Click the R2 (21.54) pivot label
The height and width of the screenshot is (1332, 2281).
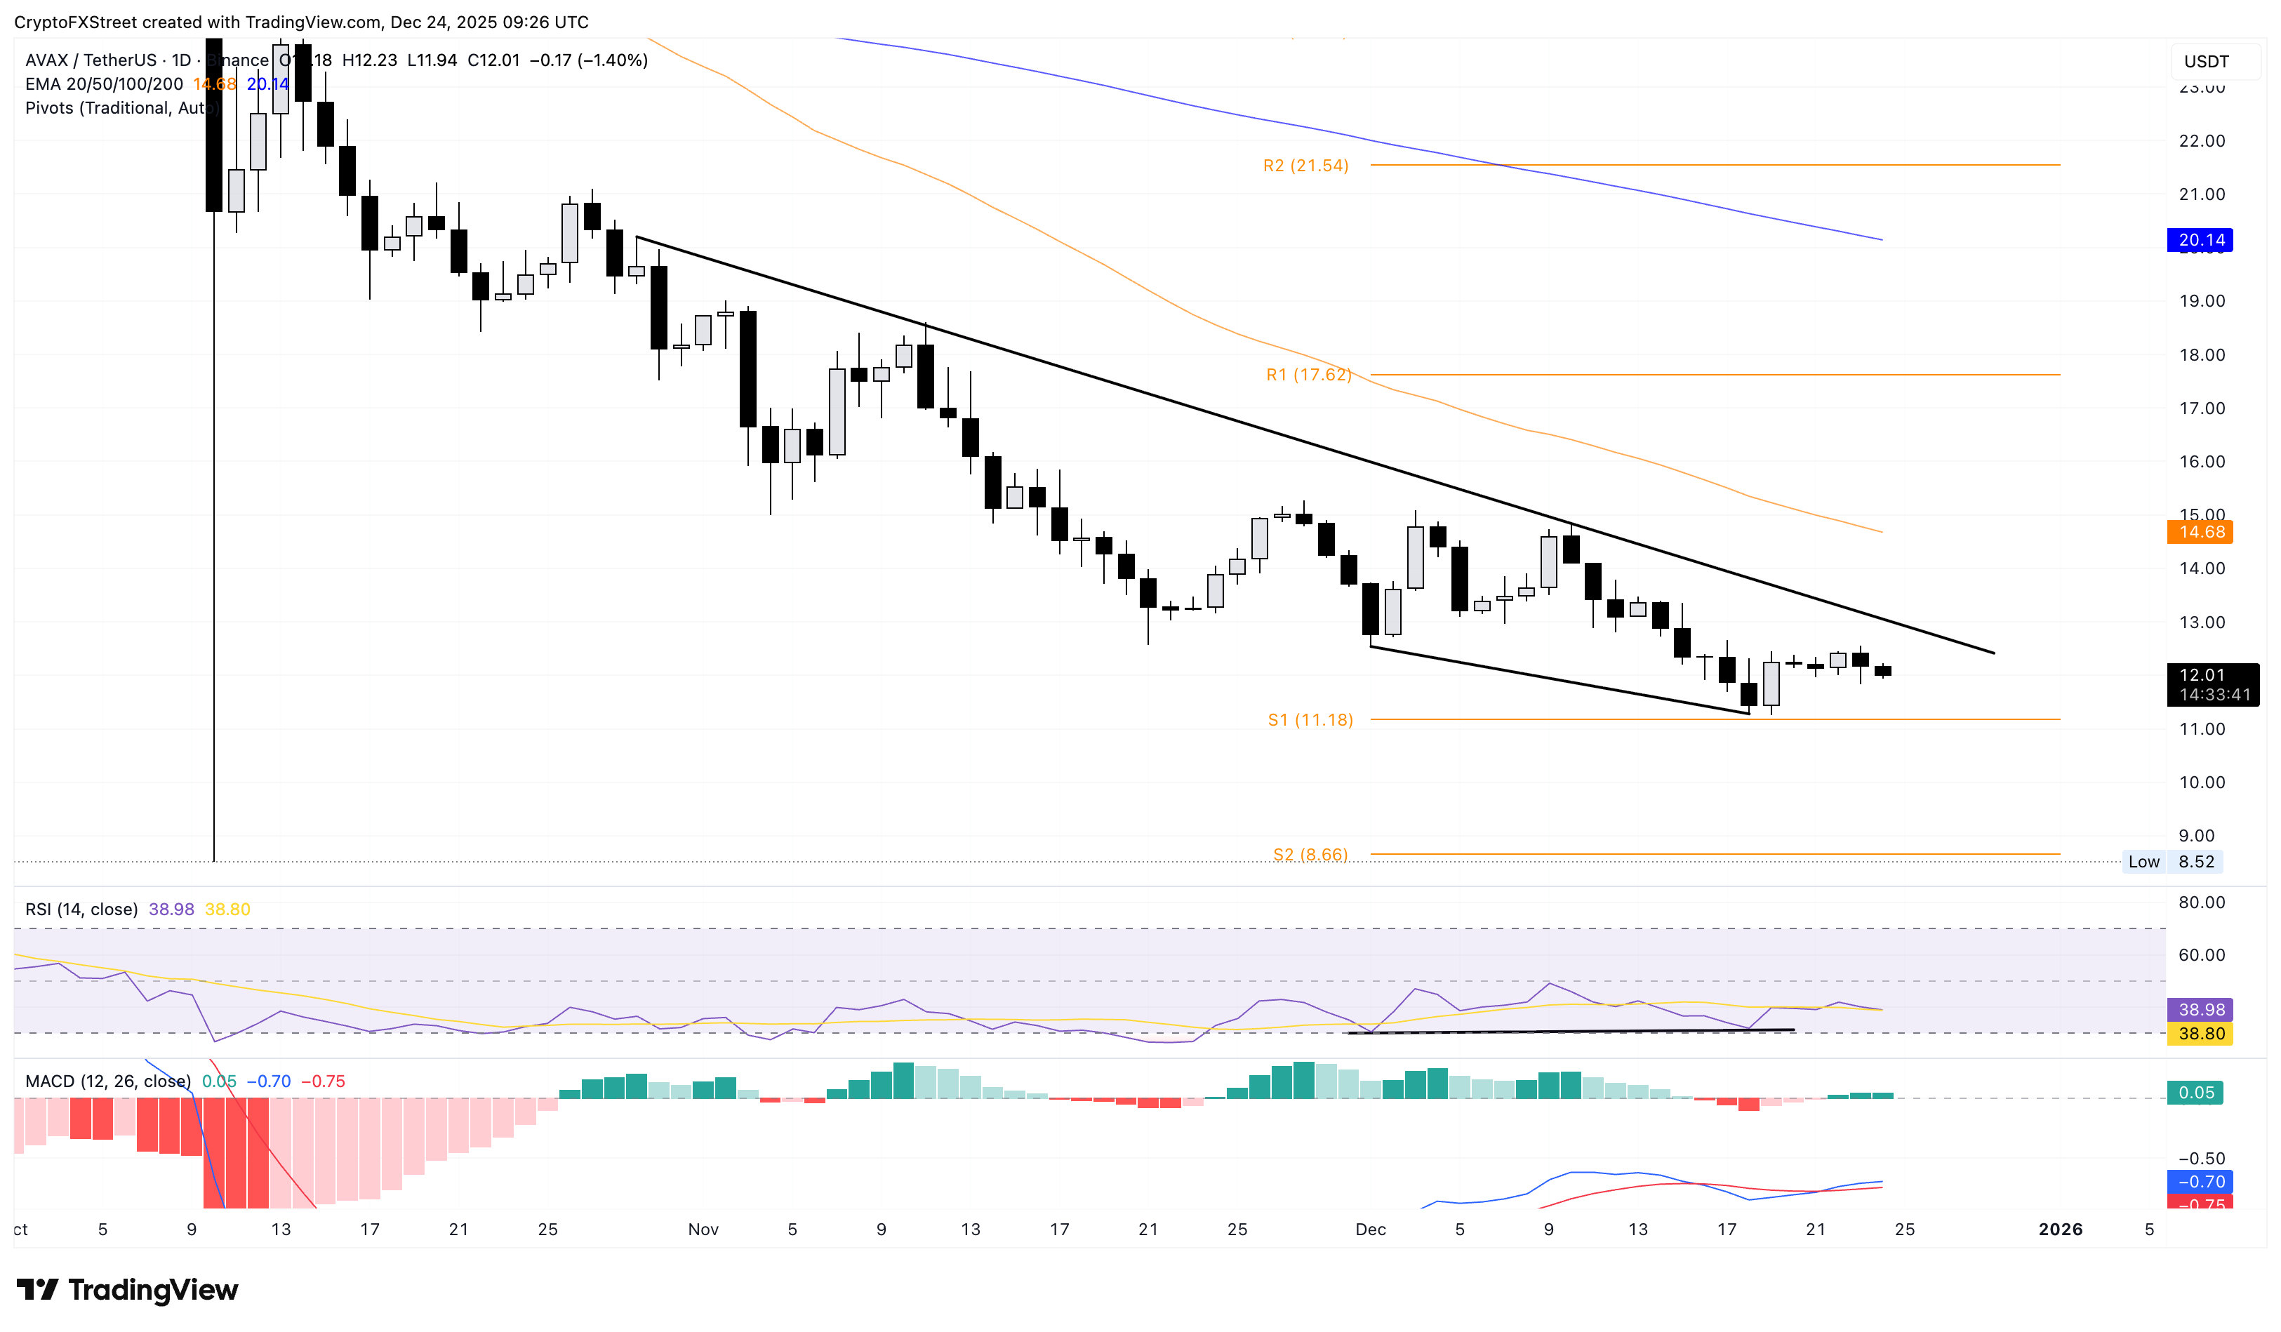(1305, 166)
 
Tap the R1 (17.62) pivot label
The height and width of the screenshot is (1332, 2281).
(1308, 375)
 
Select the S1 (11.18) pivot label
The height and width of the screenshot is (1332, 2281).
(1310, 720)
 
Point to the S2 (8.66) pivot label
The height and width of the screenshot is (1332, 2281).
(1310, 854)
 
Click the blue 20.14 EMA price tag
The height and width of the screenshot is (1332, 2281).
(2200, 240)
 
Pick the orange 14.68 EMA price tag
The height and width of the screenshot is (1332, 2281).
(2200, 532)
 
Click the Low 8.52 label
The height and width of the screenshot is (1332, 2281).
(2172, 862)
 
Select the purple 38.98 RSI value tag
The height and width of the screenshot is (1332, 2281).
(2200, 1009)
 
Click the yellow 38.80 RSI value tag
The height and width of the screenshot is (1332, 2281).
(2200, 1033)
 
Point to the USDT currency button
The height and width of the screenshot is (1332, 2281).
(2206, 62)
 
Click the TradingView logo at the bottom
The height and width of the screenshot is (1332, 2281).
(128, 1289)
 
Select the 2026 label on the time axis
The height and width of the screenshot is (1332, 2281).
(2060, 1229)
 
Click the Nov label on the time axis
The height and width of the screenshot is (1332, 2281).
(703, 1229)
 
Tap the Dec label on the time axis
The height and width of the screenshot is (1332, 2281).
(1371, 1229)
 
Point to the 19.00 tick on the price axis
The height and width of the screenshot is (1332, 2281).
(2202, 301)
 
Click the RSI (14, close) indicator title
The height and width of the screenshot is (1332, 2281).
(81, 909)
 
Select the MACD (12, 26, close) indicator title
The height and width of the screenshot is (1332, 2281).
(107, 1081)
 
